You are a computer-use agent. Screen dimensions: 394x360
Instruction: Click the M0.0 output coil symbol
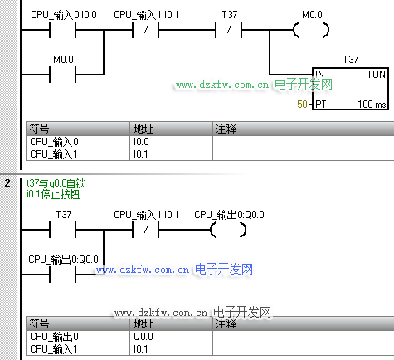(x=311, y=30)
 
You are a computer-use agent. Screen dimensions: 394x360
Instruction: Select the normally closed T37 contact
(x=228, y=30)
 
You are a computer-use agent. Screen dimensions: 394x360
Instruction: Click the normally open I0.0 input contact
(x=62, y=30)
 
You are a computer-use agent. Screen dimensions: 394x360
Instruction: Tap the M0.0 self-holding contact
(x=62, y=75)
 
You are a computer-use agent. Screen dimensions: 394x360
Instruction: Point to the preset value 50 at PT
(x=302, y=105)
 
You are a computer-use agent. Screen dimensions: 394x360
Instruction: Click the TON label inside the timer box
(x=376, y=75)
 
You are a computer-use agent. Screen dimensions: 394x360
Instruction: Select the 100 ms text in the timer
(x=372, y=105)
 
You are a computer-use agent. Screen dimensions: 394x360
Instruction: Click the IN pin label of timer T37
(x=319, y=74)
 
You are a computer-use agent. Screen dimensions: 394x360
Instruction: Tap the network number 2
(x=7, y=183)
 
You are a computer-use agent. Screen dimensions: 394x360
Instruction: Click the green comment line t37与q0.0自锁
(x=56, y=183)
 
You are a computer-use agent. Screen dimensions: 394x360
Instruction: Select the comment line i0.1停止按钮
(x=53, y=194)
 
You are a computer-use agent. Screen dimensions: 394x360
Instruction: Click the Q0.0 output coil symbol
(x=228, y=230)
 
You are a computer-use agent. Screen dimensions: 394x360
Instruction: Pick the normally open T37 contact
(x=62, y=230)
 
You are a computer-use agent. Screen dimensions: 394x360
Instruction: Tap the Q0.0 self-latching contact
(x=62, y=275)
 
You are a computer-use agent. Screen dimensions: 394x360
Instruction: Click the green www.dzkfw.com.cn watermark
(x=254, y=85)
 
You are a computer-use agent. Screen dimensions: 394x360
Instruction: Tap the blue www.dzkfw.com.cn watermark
(x=174, y=270)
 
